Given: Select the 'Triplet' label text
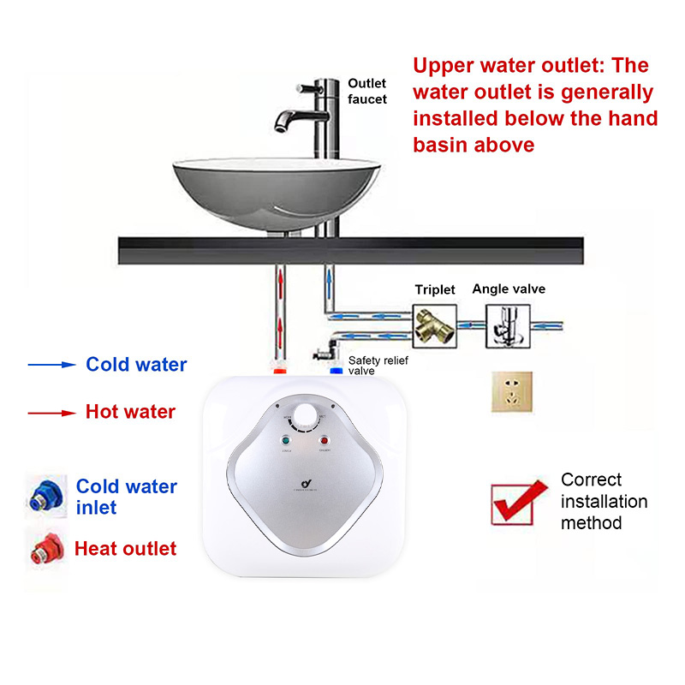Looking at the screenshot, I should coord(435,289).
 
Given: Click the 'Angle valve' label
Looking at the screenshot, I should coord(509,289).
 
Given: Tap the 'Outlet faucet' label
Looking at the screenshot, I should coord(367,91).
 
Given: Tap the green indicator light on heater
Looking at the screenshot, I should coord(284,442).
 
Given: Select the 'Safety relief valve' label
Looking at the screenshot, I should coord(378,366).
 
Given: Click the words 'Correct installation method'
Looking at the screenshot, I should coord(604,501).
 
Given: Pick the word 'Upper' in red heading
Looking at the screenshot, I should coord(444,65).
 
